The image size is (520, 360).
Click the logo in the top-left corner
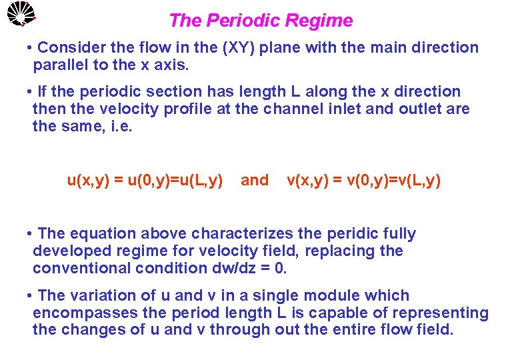click(19, 14)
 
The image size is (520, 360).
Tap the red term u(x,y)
click(90, 180)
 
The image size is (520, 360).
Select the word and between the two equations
click(254, 180)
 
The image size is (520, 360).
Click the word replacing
click(335, 251)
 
